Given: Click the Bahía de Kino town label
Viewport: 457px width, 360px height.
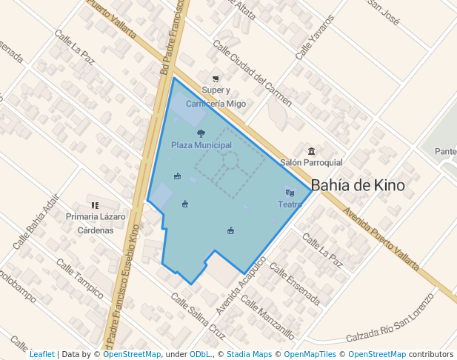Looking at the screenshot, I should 358,185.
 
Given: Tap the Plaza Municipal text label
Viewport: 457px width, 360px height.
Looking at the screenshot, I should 201,145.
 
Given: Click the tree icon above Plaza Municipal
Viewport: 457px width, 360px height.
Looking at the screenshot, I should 201,133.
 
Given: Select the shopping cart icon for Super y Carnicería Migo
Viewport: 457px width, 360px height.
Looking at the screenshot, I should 216,79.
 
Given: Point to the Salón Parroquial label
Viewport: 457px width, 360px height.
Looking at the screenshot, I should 311,162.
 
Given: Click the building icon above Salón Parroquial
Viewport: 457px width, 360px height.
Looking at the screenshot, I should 311,151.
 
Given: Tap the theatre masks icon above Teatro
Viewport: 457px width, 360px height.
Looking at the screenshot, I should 290,193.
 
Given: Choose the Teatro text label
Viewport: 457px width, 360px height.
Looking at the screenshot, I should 290,204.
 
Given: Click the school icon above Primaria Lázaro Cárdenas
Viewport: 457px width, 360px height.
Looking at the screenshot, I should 95,205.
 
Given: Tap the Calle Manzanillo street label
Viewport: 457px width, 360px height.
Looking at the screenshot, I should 267,318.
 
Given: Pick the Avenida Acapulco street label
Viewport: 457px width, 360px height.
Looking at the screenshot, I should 241,286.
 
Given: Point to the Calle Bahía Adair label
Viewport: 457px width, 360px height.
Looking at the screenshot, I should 35,221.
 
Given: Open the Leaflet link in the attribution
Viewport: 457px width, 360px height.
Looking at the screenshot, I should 41,355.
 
